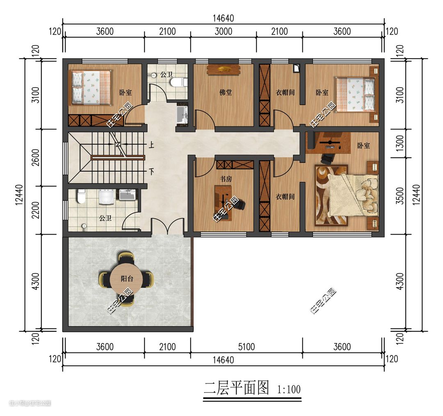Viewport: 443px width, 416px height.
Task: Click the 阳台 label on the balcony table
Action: tap(127, 279)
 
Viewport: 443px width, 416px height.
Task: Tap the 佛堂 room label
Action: tap(226, 92)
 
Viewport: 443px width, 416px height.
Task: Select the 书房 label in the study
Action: tap(226, 179)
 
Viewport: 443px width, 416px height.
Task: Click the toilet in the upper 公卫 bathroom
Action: tap(178, 82)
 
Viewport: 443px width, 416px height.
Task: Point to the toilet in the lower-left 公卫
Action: tap(81, 196)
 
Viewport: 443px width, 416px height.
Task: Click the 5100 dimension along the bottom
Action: tap(247, 347)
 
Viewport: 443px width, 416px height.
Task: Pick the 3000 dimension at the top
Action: tap(223, 31)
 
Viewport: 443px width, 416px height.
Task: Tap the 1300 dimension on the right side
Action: tap(400, 143)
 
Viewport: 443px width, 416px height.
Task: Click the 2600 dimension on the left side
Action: tap(36, 157)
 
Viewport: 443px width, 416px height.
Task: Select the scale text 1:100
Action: tap(289, 389)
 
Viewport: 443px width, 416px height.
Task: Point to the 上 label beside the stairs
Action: tap(151, 145)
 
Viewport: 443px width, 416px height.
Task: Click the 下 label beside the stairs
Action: tap(151, 171)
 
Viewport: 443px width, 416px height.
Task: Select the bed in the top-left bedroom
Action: tap(90, 88)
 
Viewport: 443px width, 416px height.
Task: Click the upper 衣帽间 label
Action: tap(285, 92)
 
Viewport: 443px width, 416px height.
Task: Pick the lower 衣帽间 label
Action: tap(285, 196)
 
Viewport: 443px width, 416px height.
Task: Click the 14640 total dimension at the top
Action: tap(223, 18)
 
